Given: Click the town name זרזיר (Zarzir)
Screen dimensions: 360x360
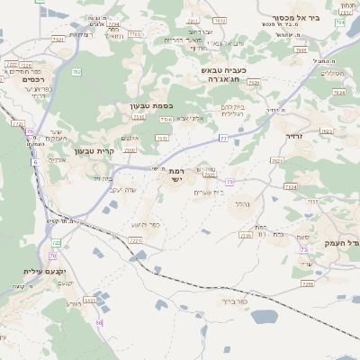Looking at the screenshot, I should coord(294,136).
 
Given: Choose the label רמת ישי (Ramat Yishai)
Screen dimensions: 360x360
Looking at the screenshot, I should coord(175,175).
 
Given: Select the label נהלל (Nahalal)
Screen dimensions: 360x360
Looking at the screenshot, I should coord(240,203).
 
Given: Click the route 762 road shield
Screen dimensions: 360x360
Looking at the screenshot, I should coord(77,71).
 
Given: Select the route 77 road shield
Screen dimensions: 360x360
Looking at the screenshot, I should coord(223,138).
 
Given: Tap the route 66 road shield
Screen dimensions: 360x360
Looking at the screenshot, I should coord(99,321).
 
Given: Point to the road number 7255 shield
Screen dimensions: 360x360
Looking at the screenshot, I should coord(307,283).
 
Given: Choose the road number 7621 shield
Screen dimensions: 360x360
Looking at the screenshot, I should coord(58,40).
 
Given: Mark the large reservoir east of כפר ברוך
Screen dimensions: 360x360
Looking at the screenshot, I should coord(263,317).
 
